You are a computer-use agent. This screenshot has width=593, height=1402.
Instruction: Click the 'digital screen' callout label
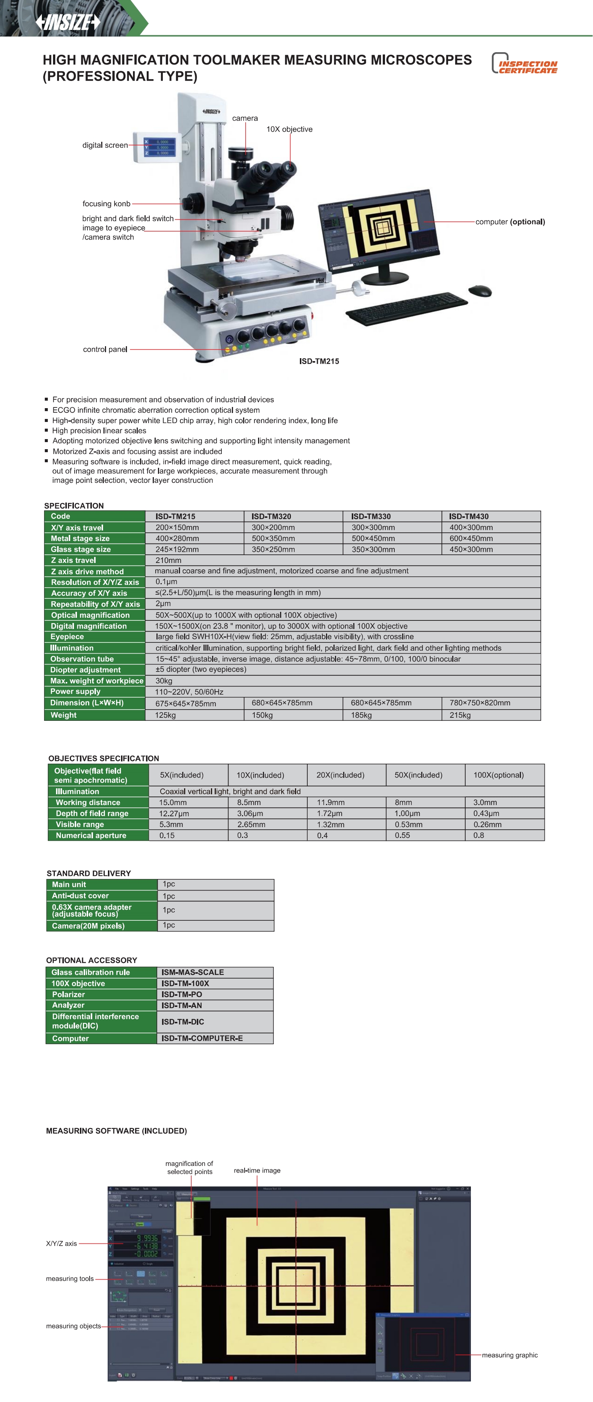tap(105, 145)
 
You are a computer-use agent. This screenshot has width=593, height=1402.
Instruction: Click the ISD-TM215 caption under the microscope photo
tap(319, 362)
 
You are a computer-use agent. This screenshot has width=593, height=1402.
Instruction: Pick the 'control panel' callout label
tap(105, 350)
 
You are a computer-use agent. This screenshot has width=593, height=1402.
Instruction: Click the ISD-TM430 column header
tap(469, 516)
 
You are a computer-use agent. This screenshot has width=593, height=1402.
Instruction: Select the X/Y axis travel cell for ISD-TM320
tap(273, 528)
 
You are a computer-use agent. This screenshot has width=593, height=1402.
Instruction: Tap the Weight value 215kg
tap(460, 715)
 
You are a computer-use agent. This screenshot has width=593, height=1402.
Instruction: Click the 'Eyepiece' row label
tap(68, 637)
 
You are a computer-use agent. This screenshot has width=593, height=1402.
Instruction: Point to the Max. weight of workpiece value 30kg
tap(164, 681)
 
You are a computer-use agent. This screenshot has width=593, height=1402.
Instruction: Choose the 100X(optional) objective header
tap(498, 775)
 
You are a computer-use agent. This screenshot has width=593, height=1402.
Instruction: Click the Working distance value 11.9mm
tap(330, 802)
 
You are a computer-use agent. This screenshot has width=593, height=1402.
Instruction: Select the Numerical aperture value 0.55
tap(403, 835)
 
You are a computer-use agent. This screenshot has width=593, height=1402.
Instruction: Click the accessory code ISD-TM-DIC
tap(183, 1022)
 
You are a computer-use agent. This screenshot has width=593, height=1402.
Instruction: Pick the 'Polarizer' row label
tap(68, 994)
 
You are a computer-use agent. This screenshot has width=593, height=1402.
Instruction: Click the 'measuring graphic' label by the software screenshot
tap(510, 1355)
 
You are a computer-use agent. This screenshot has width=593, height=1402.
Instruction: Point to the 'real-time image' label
tap(257, 1171)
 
